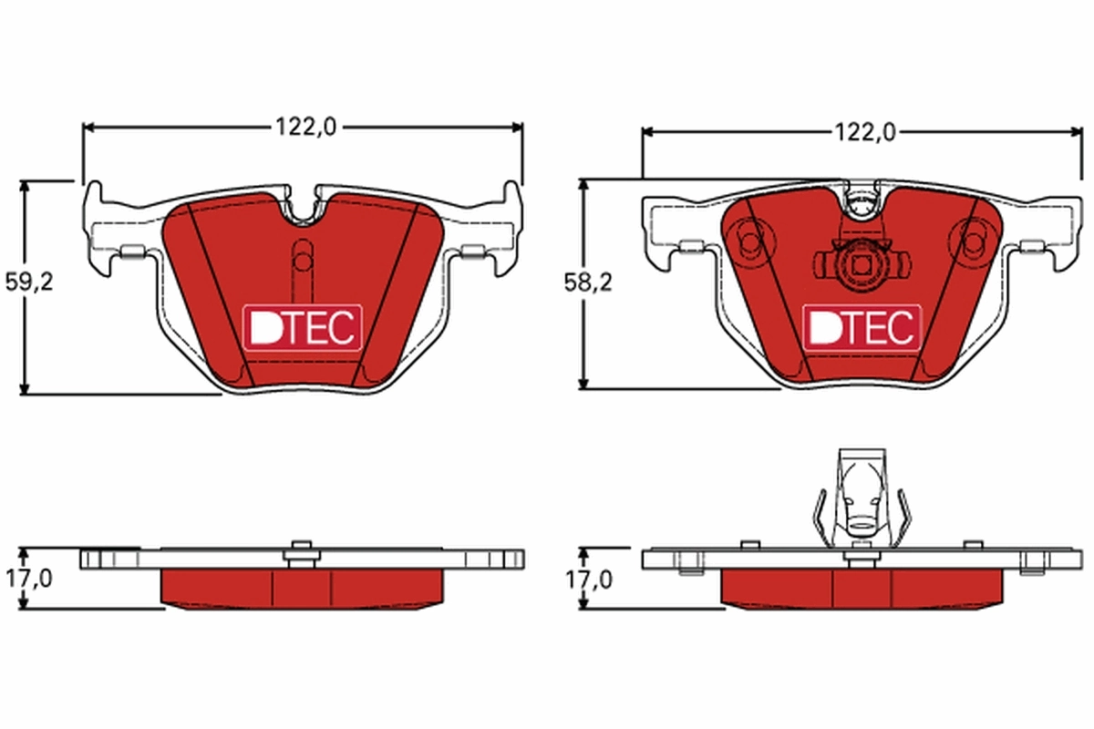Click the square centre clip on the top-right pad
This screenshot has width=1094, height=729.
tap(862, 266)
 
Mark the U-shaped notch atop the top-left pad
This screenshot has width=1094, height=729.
tap(304, 208)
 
